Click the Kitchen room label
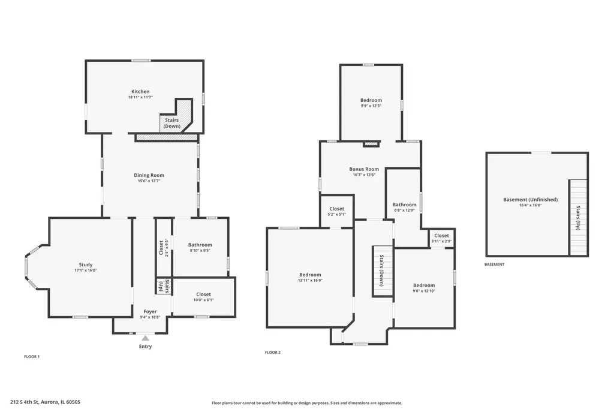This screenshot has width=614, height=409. click(x=140, y=92)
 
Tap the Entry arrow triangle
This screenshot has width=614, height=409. click(x=145, y=338)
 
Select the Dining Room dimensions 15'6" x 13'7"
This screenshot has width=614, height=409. click(x=149, y=181)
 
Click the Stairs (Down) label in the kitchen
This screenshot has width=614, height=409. click(x=172, y=123)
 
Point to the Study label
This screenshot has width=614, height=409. click(x=86, y=265)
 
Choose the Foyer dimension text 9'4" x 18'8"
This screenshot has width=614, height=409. click(x=150, y=317)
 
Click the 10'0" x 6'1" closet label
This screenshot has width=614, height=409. click(x=204, y=300)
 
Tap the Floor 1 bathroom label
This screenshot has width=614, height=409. click(x=200, y=245)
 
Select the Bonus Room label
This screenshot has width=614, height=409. click(x=364, y=169)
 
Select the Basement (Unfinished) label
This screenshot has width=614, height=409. click(x=531, y=200)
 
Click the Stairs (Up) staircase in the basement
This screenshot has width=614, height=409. click(x=579, y=218)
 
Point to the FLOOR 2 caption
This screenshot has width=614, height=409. click(x=273, y=353)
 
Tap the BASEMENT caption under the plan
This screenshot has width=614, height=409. click(x=495, y=264)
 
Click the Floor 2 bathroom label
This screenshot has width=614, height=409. click(x=405, y=205)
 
